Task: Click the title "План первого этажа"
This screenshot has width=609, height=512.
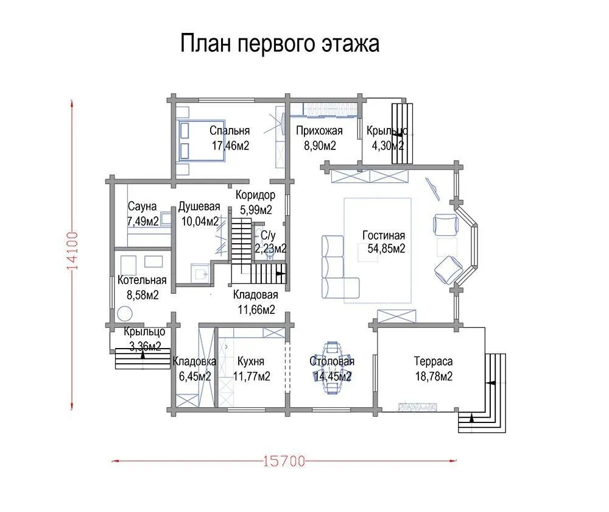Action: click(x=280, y=44)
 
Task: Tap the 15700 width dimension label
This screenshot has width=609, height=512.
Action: click(x=284, y=461)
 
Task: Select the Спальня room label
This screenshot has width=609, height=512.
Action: click(x=230, y=131)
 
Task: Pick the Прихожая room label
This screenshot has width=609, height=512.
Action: click(x=319, y=131)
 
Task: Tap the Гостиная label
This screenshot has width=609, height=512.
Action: click(x=384, y=236)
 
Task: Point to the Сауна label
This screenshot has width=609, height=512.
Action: click(x=143, y=207)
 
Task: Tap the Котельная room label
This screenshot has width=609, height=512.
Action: click(x=143, y=281)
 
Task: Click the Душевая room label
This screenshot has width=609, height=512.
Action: click(x=199, y=207)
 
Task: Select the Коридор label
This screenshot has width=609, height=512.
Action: click(x=255, y=196)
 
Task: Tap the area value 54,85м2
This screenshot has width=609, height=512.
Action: click(x=387, y=248)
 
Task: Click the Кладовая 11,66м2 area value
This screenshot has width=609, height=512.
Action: click(x=255, y=310)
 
